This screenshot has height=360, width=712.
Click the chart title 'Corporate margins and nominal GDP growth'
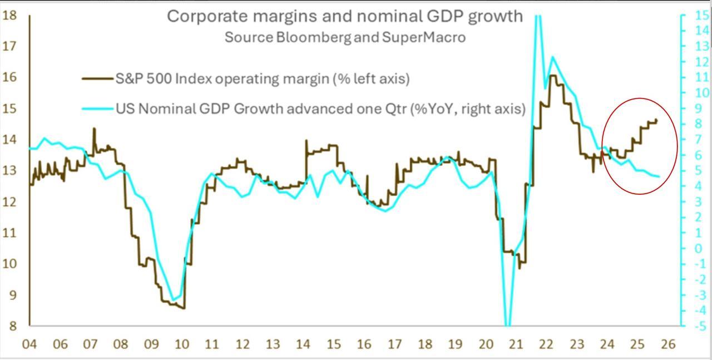[x=345, y=16]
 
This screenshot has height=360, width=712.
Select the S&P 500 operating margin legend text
[x=262, y=79]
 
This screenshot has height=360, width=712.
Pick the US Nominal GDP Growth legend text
[x=320, y=109]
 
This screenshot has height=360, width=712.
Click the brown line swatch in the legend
[x=97, y=79]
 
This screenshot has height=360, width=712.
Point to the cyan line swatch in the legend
[x=97, y=109]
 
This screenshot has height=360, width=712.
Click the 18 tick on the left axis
[x=9, y=15]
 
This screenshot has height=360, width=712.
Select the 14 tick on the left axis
[x=9, y=139]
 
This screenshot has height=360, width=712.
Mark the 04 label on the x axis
[x=29, y=344]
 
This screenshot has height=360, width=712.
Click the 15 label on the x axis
[x=333, y=344]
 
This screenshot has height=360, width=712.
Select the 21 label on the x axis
[x=516, y=344]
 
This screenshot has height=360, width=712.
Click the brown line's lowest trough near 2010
[x=184, y=308]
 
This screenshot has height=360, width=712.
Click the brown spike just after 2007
[x=93, y=129]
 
